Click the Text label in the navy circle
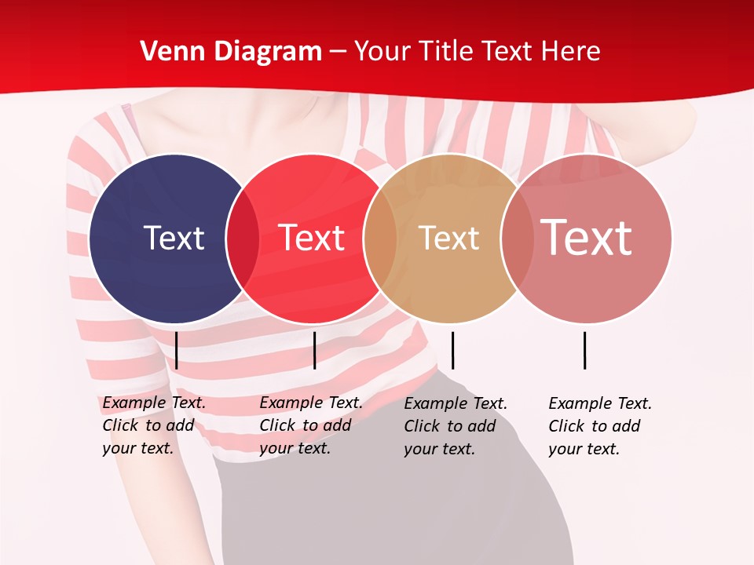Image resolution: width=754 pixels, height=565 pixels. pyautogui.click(x=174, y=238)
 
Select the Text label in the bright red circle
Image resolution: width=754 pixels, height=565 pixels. pyautogui.click(x=311, y=238)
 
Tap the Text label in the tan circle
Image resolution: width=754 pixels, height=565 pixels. pyautogui.click(x=448, y=238)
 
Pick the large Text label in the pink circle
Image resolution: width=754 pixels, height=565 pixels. pyautogui.click(x=587, y=237)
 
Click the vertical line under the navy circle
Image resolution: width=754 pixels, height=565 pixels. pyautogui.click(x=177, y=350)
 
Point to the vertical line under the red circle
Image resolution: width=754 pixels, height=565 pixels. pyautogui.click(x=314, y=350)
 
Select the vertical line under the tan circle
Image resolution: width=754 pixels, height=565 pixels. pyautogui.click(x=452, y=350)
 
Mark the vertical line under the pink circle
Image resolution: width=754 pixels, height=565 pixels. pyautogui.click(x=584, y=350)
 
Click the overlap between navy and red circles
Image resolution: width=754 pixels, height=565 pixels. pyautogui.click(x=243, y=239)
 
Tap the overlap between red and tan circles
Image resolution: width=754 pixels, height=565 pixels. pyautogui.click(x=380, y=239)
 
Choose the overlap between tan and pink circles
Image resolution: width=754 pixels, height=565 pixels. pyautogui.click(x=513, y=239)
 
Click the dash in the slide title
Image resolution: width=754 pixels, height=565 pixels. pyautogui.click(x=338, y=52)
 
